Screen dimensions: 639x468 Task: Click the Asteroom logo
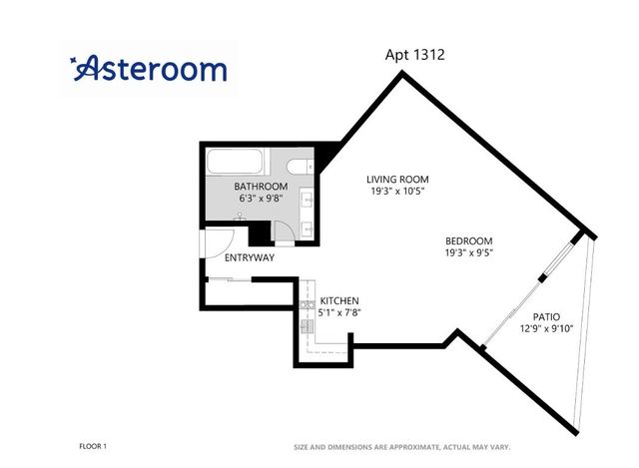click(x=149, y=68)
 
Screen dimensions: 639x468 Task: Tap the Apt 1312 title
click(x=414, y=55)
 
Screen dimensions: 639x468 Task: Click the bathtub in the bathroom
click(x=235, y=162)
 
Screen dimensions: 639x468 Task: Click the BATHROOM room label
click(x=261, y=187)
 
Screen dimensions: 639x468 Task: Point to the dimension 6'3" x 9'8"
click(x=261, y=199)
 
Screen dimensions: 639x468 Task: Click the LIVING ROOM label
click(x=397, y=180)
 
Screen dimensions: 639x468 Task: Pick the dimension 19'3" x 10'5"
click(x=397, y=191)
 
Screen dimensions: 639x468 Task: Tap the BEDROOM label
click(x=468, y=240)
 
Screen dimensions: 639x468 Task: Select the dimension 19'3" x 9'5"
click(x=469, y=252)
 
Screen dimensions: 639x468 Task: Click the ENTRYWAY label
click(x=250, y=257)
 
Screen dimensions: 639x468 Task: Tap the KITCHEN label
click(x=339, y=301)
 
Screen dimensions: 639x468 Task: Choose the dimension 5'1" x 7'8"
click(x=339, y=312)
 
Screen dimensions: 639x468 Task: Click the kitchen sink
click(x=307, y=326)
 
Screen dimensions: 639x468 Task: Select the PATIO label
click(x=546, y=316)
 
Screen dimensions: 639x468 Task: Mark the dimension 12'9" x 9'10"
click(x=546, y=328)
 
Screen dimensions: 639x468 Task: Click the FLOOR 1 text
click(x=93, y=446)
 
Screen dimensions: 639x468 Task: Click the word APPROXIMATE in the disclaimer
click(x=414, y=447)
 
